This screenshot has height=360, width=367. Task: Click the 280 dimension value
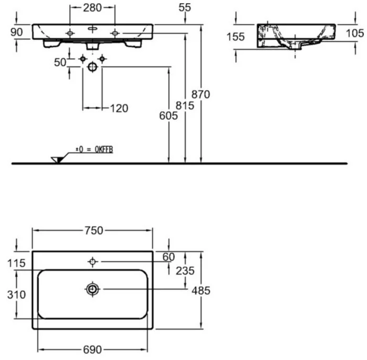pyautogui.click(x=92, y=8)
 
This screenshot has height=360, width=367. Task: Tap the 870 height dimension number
pyautogui.click(x=201, y=94)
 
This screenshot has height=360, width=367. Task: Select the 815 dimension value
pyautogui.click(x=185, y=105)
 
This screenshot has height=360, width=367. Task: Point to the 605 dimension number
pyautogui.click(x=169, y=116)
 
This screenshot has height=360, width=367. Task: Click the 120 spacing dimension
pyautogui.click(x=119, y=109)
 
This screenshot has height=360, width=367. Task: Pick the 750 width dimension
pyautogui.click(x=93, y=231)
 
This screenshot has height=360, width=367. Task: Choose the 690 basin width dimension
pyautogui.click(x=92, y=350)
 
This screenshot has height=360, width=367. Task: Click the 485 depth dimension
pyautogui.click(x=201, y=291)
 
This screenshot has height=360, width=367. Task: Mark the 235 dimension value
pyautogui.click(x=185, y=271)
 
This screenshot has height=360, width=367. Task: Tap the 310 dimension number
pyautogui.click(x=16, y=295)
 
